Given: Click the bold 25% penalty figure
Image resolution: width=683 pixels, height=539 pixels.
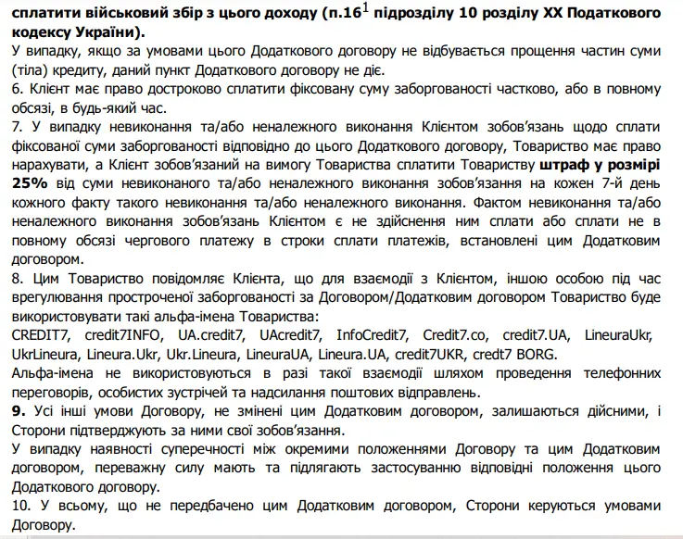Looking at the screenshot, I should [x=30, y=183].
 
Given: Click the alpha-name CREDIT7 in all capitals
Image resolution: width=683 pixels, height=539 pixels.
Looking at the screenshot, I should [x=39, y=334].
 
